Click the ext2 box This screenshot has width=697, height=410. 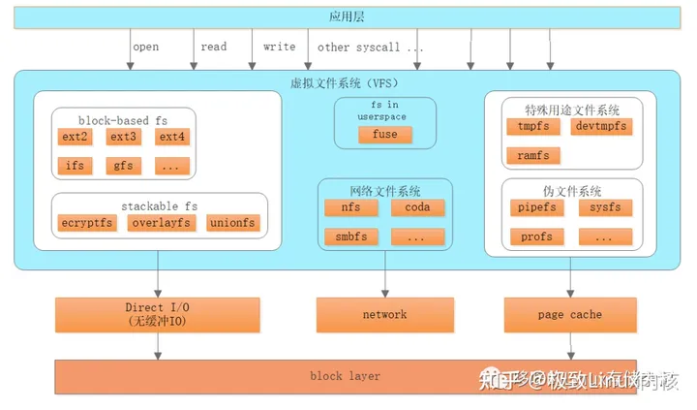tap(75, 138)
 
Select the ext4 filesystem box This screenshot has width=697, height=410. tap(171, 138)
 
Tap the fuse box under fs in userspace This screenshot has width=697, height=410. tap(384, 135)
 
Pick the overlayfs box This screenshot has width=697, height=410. tap(159, 223)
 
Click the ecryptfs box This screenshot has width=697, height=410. tap(86, 223)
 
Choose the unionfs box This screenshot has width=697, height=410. tap(232, 223)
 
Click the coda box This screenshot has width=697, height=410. tap(417, 206)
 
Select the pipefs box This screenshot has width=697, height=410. tap(537, 207)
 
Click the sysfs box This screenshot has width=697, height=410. tap(605, 207)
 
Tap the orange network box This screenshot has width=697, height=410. tap(384, 314)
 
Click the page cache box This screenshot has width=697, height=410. tap(568, 314)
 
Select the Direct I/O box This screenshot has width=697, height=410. tap(157, 314)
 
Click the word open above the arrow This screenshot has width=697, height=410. tap(145, 47)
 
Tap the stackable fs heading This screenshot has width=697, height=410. tap(158, 205)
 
